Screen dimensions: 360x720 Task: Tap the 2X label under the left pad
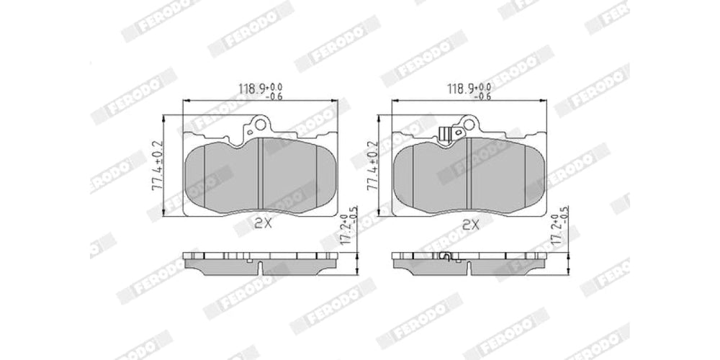pos(263,224)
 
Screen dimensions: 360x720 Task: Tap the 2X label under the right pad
pos(471,224)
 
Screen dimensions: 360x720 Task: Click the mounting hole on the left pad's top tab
pos(251,131)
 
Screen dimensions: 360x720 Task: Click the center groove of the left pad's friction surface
pos(260,176)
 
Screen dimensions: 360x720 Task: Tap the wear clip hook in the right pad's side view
pos(445,256)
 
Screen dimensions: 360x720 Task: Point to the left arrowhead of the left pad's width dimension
pos(186,102)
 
